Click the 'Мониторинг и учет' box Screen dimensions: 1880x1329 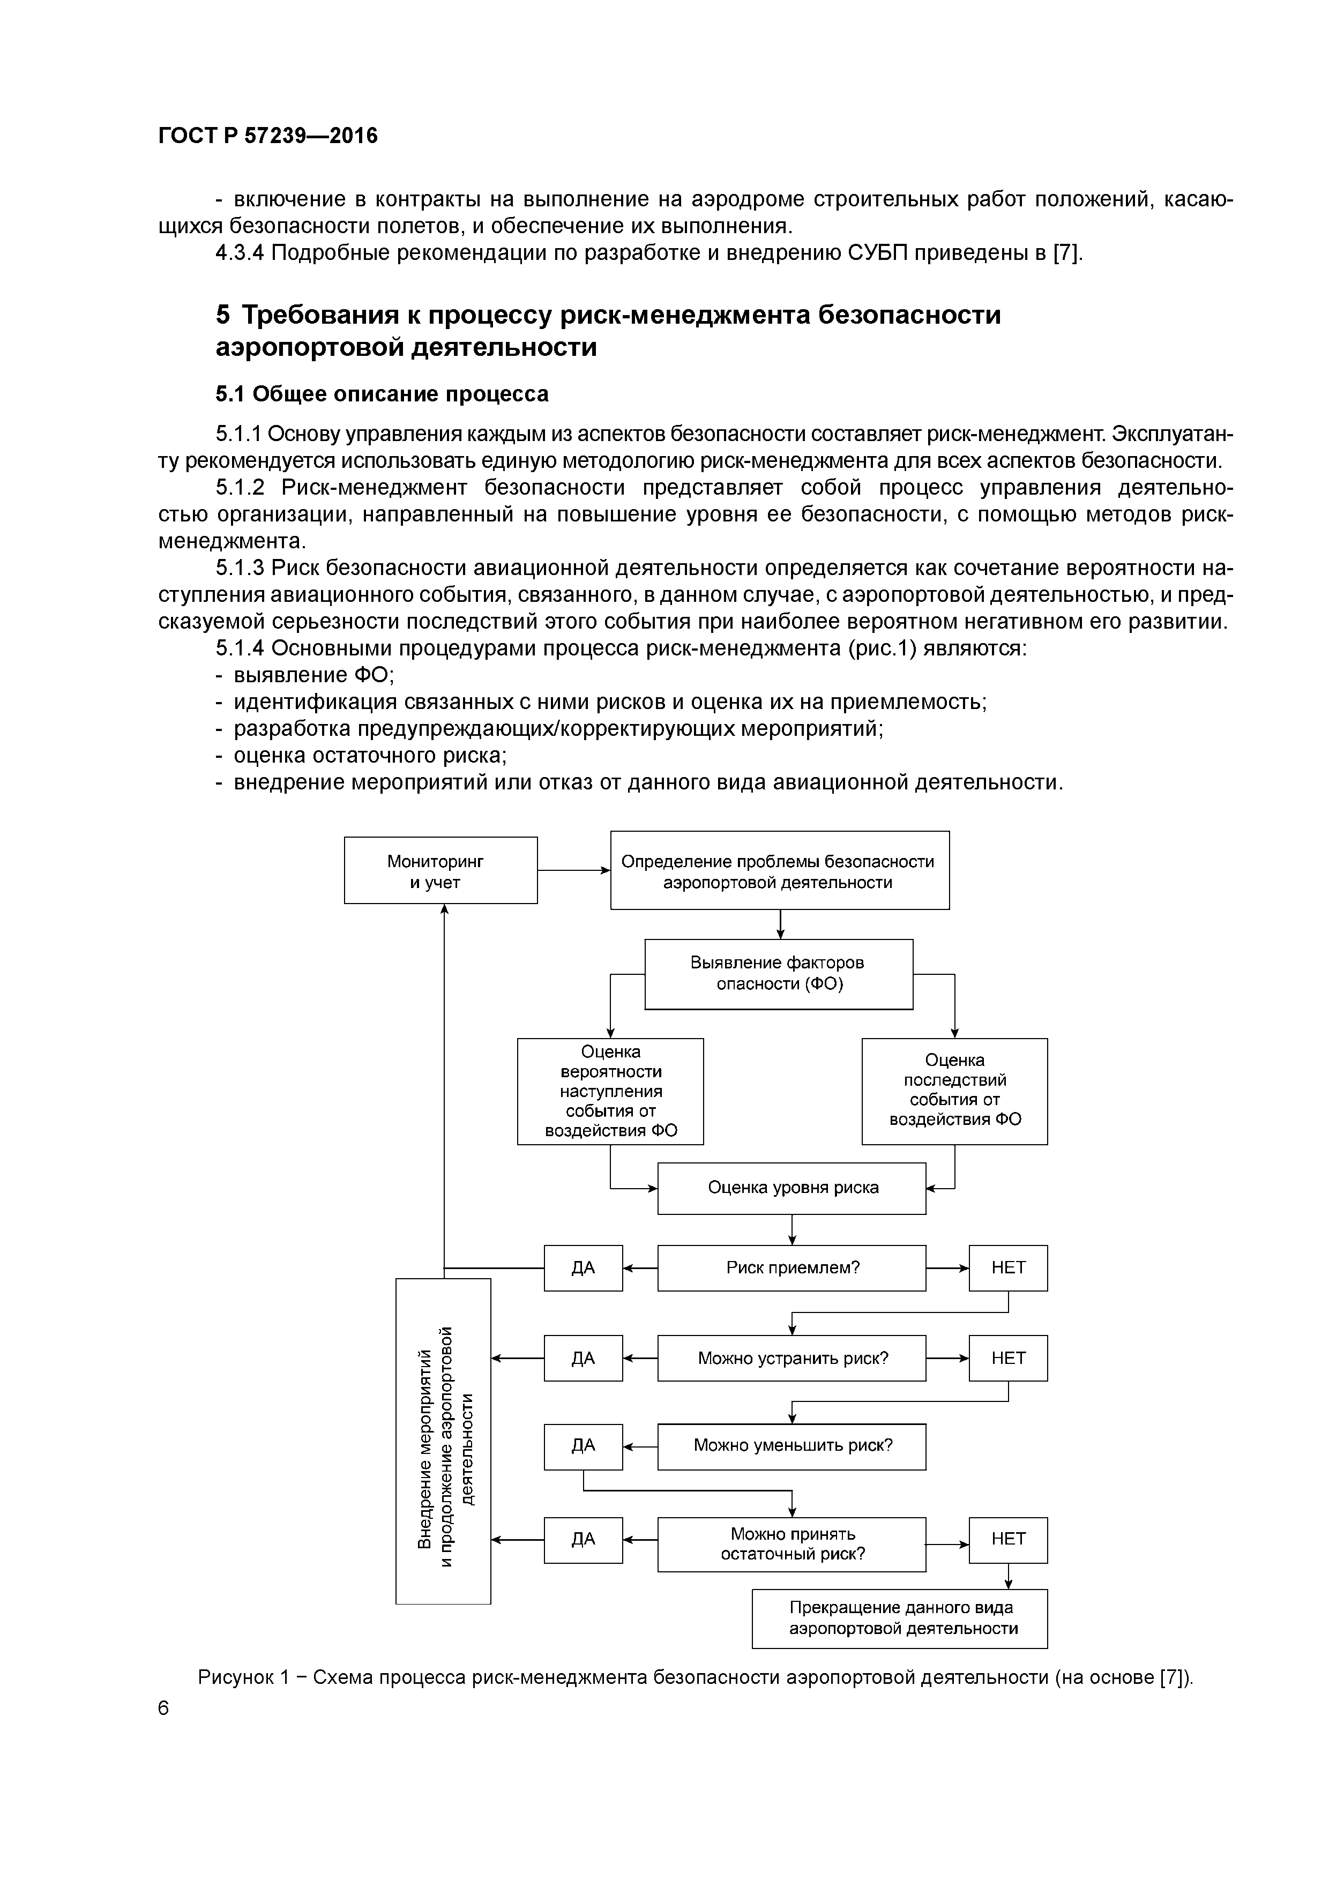coord(440,870)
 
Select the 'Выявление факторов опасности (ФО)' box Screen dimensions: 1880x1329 coord(779,974)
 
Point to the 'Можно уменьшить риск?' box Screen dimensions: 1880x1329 coord(792,1446)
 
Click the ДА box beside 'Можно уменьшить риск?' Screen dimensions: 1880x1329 coord(583,1446)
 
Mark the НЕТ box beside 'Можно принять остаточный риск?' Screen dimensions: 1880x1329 coord(1008,1539)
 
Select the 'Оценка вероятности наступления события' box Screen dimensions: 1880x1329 coord(610,1091)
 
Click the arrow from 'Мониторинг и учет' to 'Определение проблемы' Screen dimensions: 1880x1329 coord(573,870)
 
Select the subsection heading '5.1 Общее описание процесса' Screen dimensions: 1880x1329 coord(382,394)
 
